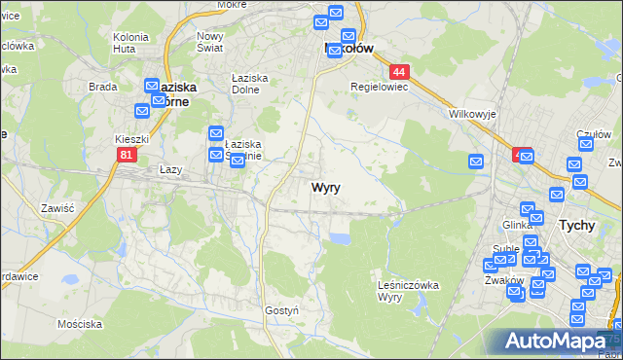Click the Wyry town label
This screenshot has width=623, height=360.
[326, 188]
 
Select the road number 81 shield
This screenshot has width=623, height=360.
[126, 155]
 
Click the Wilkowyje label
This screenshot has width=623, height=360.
[473, 114]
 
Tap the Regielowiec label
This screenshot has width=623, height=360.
[380, 86]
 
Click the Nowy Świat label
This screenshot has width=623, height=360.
[210, 42]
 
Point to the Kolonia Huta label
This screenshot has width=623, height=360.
[129, 42]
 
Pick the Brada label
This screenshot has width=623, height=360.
[102, 86]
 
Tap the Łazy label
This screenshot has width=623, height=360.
[170, 169]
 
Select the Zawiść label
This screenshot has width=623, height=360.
[58, 207]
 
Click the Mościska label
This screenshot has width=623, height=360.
[80, 322]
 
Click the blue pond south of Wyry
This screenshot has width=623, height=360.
[339, 237]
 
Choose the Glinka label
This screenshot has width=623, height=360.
[517, 225]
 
